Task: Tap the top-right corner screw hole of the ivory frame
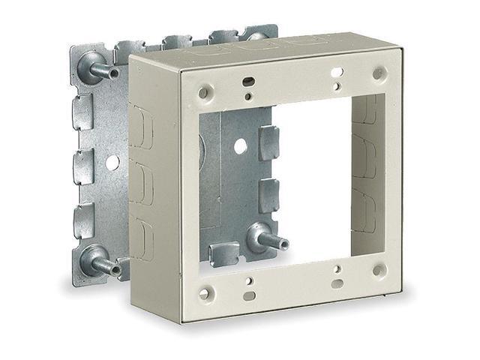coord(379,74)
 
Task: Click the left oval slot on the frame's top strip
coord(244,79)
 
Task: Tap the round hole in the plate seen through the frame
coord(239,147)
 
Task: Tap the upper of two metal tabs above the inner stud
coord(268,142)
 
